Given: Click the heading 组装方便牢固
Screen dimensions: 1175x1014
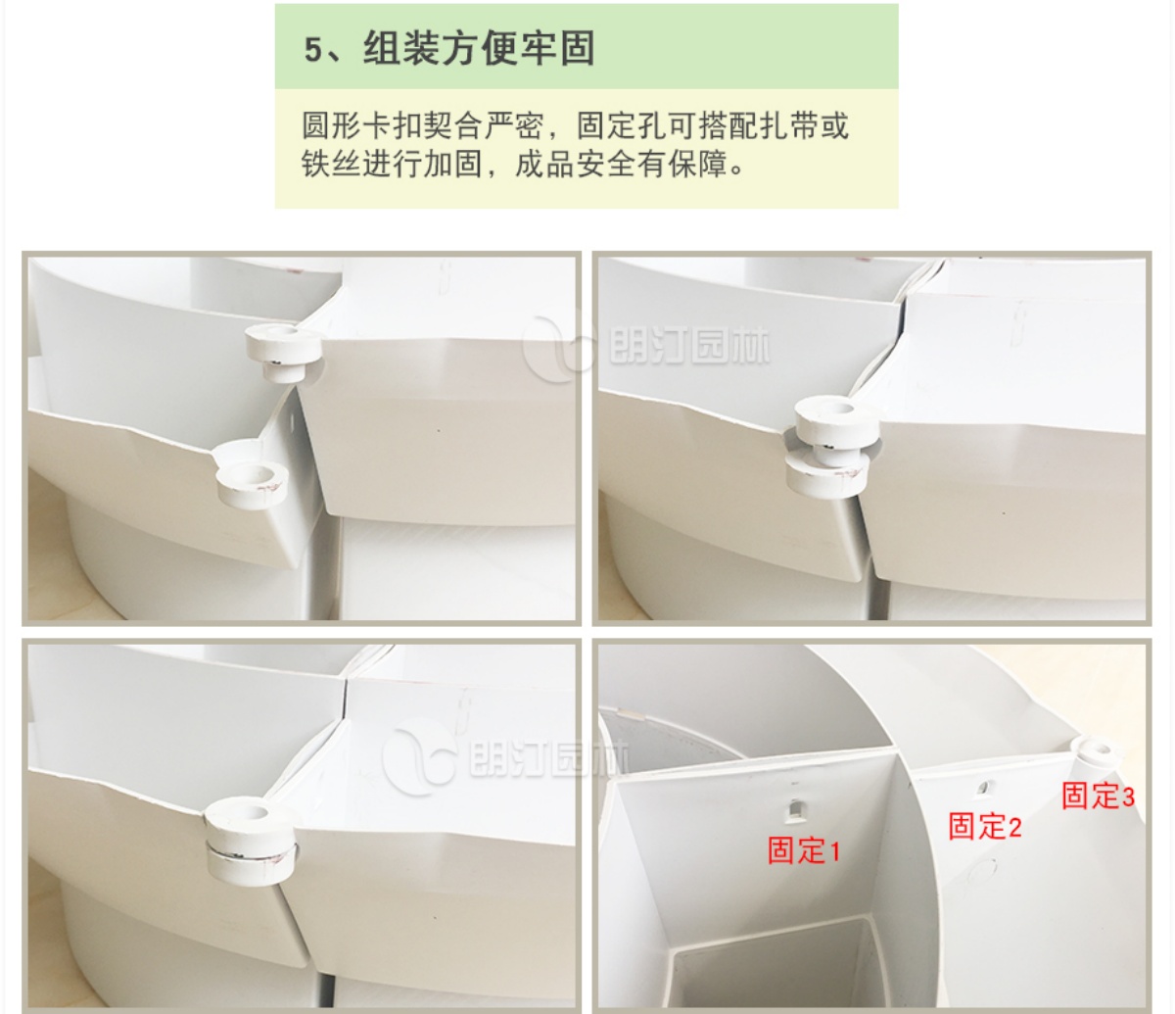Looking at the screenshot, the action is click(x=479, y=48).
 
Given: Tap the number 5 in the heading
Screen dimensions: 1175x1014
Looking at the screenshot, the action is click(x=313, y=50).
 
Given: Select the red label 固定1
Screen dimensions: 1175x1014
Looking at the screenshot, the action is click(x=804, y=850).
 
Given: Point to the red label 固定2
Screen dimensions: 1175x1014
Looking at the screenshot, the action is click(x=985, y=826).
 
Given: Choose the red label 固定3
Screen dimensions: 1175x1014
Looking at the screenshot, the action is click(x=1099, y=796).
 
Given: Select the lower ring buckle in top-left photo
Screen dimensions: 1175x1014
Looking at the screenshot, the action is click(x=252, y=482).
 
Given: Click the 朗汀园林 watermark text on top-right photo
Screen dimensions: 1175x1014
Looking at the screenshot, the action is click(x=689, y=347).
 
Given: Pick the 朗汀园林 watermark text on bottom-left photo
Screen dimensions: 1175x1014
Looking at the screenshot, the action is click(x=548, y=758).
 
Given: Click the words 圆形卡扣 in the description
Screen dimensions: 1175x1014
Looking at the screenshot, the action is click(x=362, y=125).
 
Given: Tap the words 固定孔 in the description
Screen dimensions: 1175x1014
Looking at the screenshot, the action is click(x=622, y=125).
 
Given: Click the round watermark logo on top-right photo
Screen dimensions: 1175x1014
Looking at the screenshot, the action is click(x=557, y=348).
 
